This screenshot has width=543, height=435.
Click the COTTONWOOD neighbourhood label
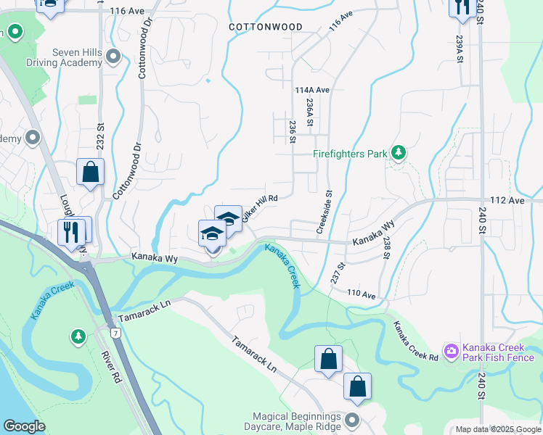265,27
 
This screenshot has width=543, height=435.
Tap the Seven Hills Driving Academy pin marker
113,56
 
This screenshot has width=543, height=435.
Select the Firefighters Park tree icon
398,152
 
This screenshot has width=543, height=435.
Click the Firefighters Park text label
349,154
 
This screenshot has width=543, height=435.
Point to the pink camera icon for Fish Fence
452,352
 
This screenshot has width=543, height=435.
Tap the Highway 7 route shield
115,332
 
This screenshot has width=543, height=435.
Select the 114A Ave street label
312,90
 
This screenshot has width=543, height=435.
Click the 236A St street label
310,112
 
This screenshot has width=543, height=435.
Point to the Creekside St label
324,212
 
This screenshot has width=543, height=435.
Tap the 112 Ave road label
507,200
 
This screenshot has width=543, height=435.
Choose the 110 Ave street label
360,295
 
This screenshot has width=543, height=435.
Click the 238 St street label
388,247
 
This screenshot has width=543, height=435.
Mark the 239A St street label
460,49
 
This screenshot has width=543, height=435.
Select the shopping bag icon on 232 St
91,173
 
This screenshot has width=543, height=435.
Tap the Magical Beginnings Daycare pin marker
353,420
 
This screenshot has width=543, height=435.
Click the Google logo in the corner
24,426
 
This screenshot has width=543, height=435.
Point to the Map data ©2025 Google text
498,429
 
